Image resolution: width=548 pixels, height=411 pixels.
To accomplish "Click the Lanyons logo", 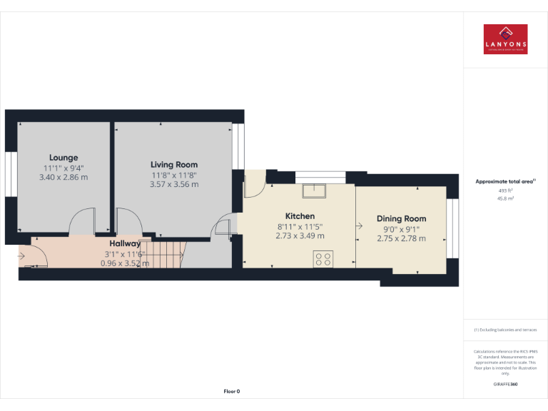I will pyautogui.click(x=505, y=39).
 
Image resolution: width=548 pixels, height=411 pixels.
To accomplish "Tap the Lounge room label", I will pyautogui.click(x=64, y=158).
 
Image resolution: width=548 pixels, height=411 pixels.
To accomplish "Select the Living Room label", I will pyautogui.click(x=173, y=165).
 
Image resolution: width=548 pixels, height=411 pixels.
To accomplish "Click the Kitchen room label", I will pyautogui.click(x=300, y=216).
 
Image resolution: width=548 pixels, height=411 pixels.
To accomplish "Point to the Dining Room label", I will pyautogui.click(x=401, y=219).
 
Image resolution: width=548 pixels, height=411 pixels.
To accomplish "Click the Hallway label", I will pyautogui.click(x=125, y=243).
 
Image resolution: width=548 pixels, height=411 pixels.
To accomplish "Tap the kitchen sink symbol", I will pyautogui.click(x=313, y=191).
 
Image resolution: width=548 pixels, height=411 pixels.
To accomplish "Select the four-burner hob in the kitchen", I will pyautogui.click(x=322, y=258).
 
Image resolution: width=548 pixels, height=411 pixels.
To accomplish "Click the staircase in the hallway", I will pyautogui.click(x=168, y=253).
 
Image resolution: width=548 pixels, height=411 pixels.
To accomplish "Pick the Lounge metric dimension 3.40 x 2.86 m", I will pyautogui.click(x=64, y=176).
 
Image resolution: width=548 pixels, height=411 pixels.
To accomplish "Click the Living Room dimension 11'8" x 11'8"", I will pyautogui.click(x=173, y=175).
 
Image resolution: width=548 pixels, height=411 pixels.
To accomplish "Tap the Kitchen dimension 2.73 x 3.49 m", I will pyautogui.click(x=300, y=235).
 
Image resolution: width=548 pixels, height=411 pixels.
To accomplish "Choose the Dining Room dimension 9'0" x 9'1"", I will pyautogui.click(x=401, y=229).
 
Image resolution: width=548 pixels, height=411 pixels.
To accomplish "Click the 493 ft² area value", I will pyautogui.click(x=505, y=191).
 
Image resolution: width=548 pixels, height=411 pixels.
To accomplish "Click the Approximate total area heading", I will pyautogui.click(x=504, y=182).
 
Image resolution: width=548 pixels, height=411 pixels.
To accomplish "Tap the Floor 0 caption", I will pyautogui.click(x=232, y=391).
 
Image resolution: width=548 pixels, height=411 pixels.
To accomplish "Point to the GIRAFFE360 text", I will pyautogui.click(x=505, y=385).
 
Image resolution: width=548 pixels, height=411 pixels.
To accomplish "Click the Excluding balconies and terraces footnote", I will pyautogui.click(x=505, y=330).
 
